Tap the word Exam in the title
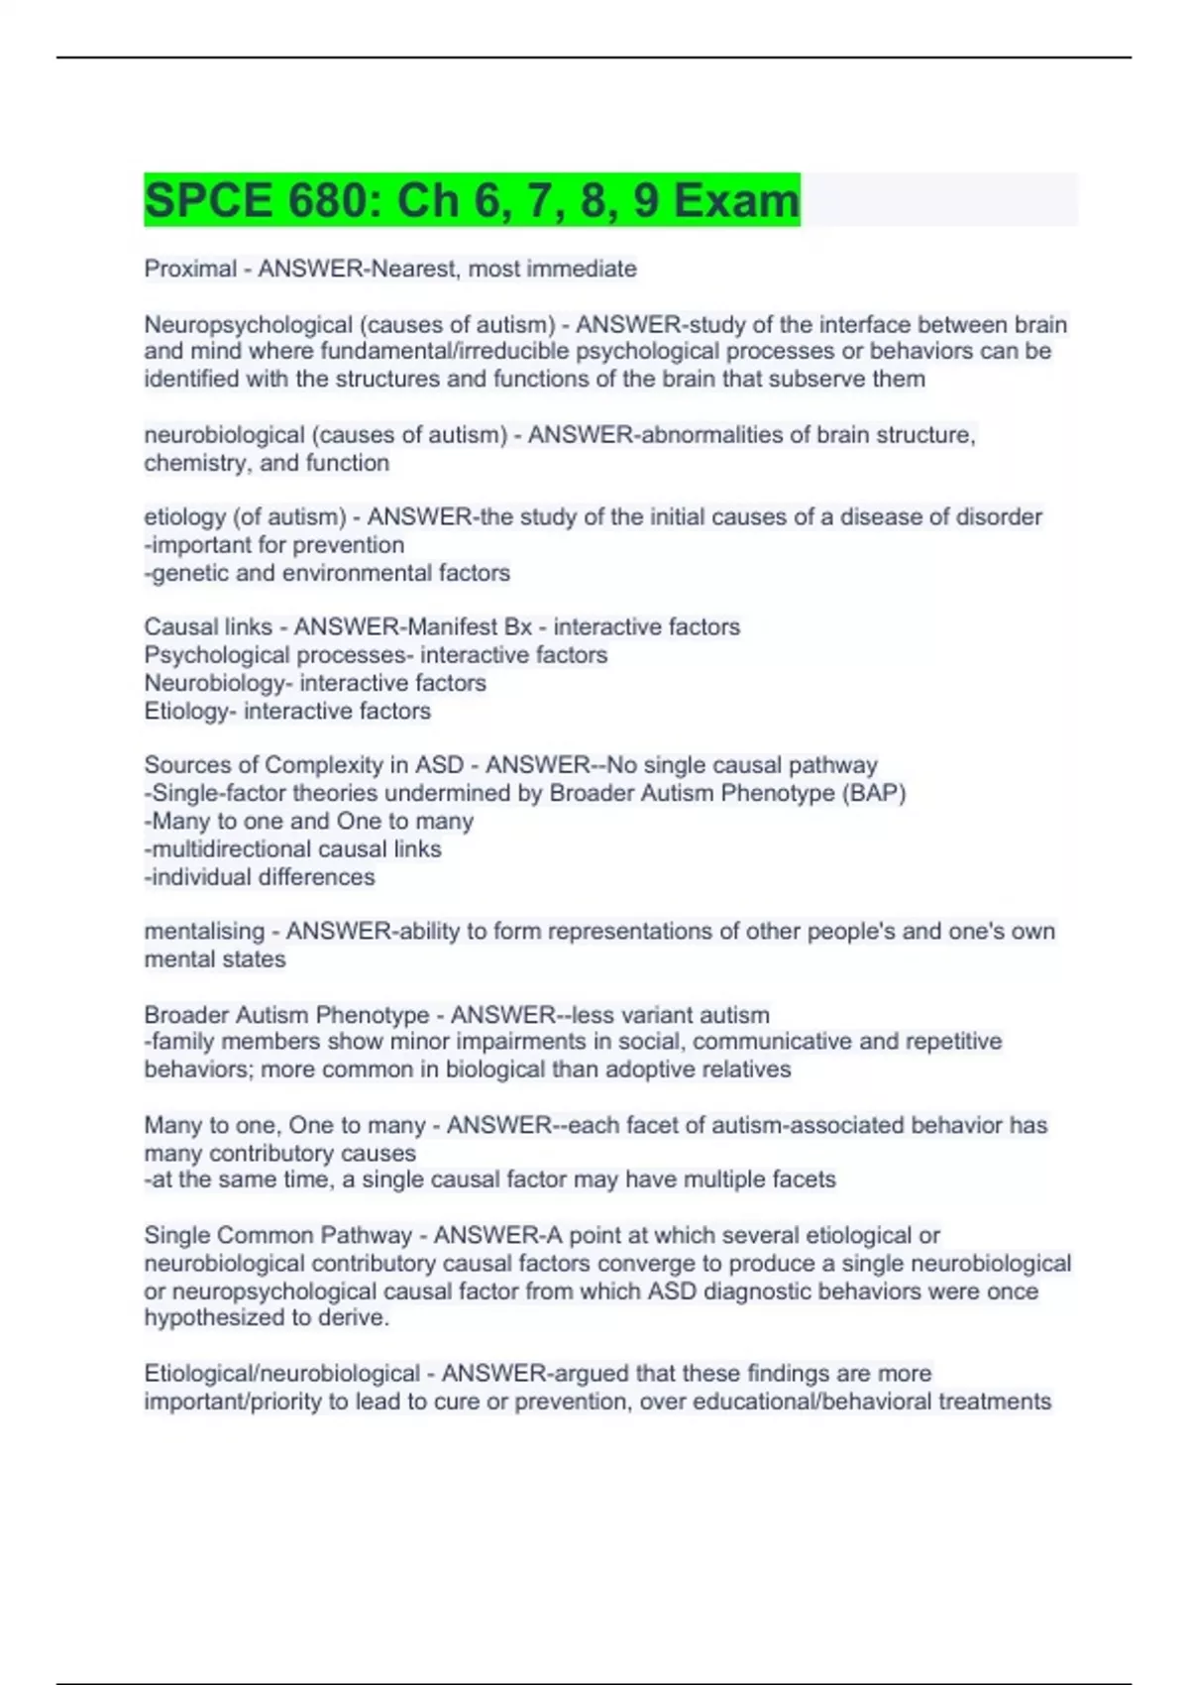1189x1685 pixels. [x=736, y=200]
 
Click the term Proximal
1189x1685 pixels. [x=190, y=269]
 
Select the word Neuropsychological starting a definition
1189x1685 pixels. [x=248, y=324]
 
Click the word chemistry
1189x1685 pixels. [x=194, y=463]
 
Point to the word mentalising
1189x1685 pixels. [x=204, y=932]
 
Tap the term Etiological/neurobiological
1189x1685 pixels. [x=281, y=1374]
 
